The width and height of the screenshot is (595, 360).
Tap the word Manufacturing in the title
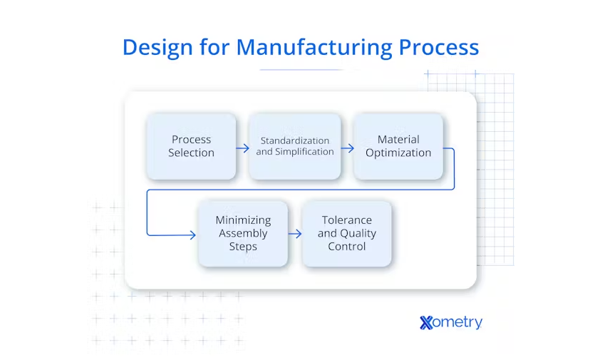coord(314,47)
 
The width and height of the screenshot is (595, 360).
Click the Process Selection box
coord(191,146)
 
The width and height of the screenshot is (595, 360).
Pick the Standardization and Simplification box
coord(294,146)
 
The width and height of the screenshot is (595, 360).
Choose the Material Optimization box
coord(398,146)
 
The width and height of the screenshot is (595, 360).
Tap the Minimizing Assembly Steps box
coord(243,234)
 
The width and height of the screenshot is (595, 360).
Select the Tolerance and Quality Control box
coord(347,234)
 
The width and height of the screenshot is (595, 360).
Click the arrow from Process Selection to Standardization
coord(243,148)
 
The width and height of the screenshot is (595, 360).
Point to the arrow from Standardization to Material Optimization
coord(348,148)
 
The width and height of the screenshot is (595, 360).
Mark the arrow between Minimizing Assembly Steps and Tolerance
coord(295,234)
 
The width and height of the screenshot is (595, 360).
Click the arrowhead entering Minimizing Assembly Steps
coord(192,235)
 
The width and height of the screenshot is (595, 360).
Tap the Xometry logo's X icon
coord(427,322)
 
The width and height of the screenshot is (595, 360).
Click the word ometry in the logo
coord(459,322)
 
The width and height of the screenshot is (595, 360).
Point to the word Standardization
coord(294,140)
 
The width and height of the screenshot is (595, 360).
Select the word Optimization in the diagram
coord(398,153)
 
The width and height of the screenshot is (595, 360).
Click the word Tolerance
coord(347,220)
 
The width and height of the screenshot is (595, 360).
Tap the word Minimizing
coord(243,220)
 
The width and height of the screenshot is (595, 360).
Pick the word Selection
coord(191,153)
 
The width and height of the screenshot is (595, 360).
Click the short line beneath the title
coord(301,70)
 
